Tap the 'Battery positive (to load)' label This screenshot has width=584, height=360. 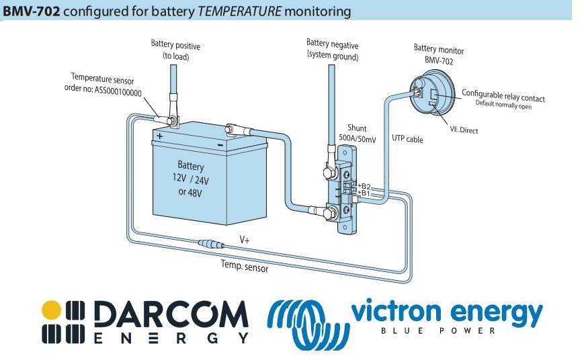click(175, 50)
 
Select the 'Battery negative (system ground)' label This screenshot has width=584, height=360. click(332, 50)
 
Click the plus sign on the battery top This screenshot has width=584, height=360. click(159, 135)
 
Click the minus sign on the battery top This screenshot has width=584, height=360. click(220, 145)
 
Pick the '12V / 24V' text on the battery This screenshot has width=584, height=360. click(191, 179)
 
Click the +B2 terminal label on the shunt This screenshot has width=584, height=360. click(364, 186)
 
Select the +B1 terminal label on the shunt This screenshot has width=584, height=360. click(364, 193)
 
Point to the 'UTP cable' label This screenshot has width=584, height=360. click(407, 140)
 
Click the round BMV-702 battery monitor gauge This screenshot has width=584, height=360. click(430, 94)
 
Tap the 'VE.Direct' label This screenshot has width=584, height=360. click(464, 130)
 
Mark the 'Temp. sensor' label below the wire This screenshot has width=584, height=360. click(245, 268)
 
